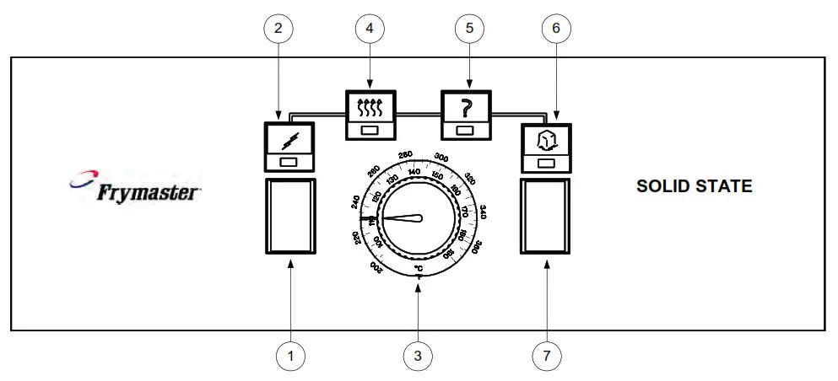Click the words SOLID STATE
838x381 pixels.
694,187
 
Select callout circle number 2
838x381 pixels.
278,28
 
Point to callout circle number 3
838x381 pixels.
418,357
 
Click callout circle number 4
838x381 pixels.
370,28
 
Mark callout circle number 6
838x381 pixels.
555,28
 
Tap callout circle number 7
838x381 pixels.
547,357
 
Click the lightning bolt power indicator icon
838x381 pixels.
290,138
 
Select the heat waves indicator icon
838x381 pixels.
371,107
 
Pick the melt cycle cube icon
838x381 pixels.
547,138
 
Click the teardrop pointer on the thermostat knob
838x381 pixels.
403,218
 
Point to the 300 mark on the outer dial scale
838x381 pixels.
440,157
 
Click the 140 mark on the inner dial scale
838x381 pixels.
414,172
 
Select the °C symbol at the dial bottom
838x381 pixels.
418,268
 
